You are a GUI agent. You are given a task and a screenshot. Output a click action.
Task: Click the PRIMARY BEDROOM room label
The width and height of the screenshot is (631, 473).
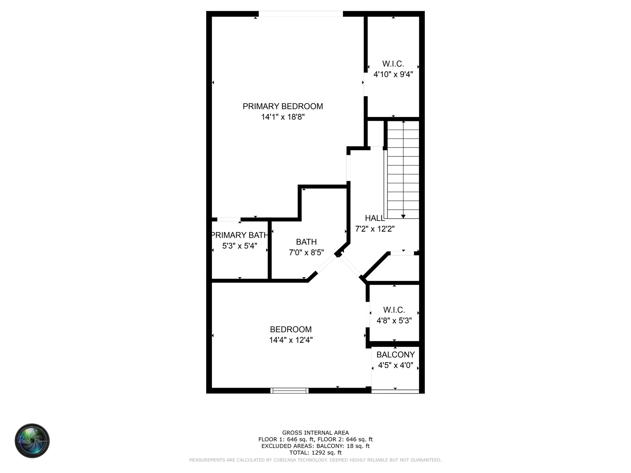coord(283,106)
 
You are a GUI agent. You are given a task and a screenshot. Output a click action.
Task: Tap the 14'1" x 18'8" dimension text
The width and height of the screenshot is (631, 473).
coord(283,117)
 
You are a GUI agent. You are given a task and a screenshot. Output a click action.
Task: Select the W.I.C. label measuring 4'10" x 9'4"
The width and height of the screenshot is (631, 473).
coord(393,64)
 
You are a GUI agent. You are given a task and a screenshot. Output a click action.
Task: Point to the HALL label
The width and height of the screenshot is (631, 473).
coord(375,218)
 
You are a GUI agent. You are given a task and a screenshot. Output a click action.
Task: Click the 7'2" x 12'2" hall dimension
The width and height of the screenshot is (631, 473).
coord(375,229)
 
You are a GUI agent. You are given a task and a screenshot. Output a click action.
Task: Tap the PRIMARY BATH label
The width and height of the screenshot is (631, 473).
coord(239,235)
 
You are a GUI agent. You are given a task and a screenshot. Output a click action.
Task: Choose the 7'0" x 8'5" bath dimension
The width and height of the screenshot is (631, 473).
coord(306,253)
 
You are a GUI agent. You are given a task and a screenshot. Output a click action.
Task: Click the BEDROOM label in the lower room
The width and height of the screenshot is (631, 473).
coord(291,329)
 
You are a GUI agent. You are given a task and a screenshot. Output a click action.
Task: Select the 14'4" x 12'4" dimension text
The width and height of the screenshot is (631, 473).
coord(291,340)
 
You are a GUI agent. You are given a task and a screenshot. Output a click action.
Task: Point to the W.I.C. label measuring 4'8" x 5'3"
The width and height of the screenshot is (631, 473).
coord(394,310)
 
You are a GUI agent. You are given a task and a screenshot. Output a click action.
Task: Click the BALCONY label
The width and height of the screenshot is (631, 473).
coord(396,355)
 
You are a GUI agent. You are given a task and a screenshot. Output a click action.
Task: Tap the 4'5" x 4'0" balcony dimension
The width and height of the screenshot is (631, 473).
coord(396,366)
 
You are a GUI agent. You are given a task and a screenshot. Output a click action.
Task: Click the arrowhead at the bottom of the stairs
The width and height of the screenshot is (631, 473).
coord(403,216)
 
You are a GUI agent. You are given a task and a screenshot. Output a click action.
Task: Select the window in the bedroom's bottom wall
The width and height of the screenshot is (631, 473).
coord(289,390)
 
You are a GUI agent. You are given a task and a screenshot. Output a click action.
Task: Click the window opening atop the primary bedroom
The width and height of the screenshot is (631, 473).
coord(300,14)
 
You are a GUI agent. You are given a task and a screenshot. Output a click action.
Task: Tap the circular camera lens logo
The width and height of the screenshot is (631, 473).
coord(32,440)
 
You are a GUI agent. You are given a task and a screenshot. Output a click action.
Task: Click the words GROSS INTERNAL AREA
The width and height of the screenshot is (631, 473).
coord(315,433)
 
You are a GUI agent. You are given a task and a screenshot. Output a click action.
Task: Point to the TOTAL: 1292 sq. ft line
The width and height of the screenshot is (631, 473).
coord(315,453)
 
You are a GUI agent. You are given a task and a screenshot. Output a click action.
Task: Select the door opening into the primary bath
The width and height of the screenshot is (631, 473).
coord(229,219)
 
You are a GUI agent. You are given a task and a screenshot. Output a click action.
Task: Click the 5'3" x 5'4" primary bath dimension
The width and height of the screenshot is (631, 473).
coord(239,246)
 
